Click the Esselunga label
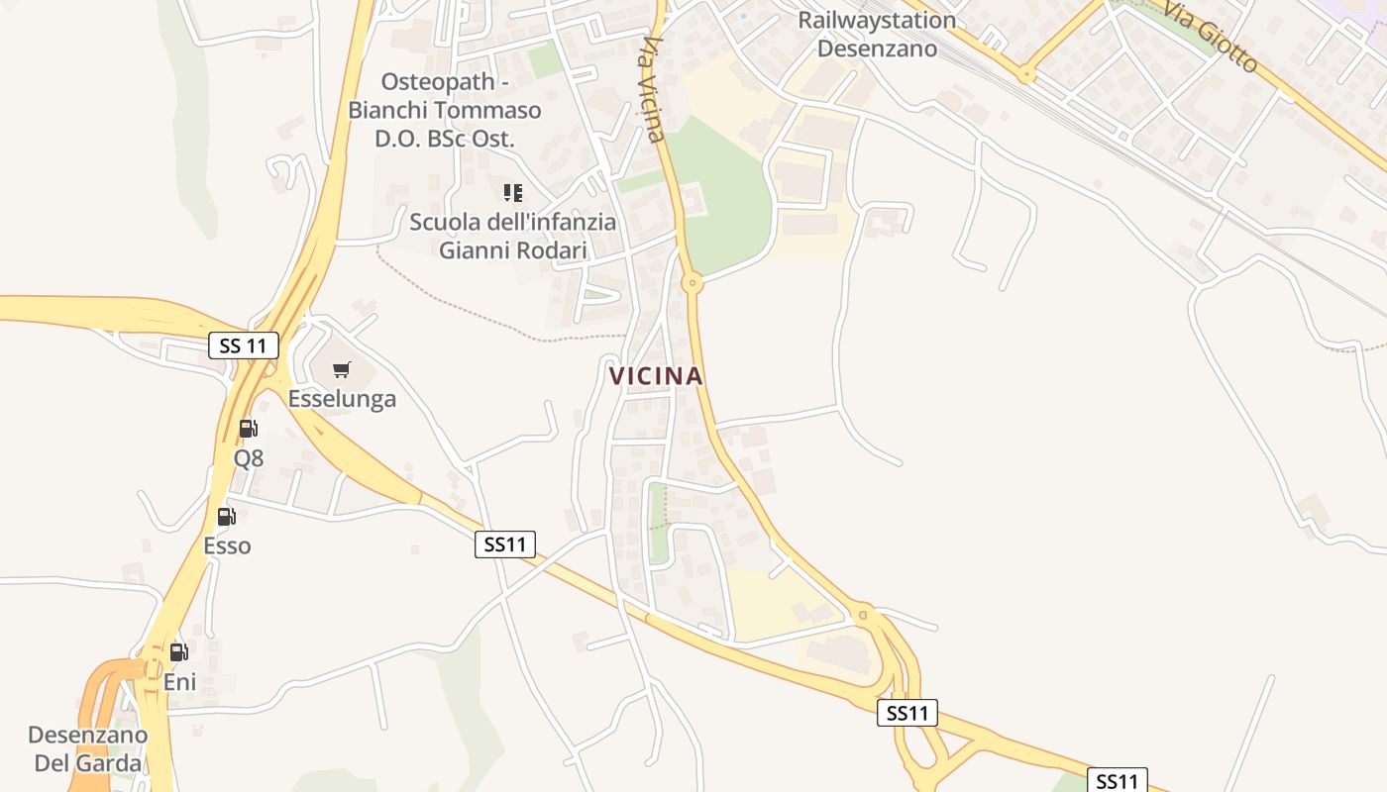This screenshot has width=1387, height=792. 342,399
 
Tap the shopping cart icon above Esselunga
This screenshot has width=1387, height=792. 342,370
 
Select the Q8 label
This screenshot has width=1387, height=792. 249,458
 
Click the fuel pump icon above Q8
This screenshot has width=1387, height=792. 249,429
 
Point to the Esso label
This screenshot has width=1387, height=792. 227,545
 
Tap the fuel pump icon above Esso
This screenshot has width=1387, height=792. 227,516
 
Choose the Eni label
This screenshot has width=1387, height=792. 179,682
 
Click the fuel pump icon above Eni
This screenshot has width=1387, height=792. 179,651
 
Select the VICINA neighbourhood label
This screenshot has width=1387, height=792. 656,376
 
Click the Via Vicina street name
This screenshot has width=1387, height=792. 654,89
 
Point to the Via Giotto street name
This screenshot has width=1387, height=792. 1210,37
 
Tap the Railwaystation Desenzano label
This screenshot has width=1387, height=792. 877,35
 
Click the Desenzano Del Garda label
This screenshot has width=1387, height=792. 87,749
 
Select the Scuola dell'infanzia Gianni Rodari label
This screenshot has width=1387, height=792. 513,236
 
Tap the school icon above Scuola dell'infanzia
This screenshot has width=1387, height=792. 513,192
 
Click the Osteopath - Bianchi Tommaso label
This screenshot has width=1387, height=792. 445,110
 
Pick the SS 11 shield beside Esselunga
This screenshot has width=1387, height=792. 244,346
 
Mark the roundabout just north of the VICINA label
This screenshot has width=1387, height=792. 693,284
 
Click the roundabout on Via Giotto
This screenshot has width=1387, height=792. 1026,73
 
